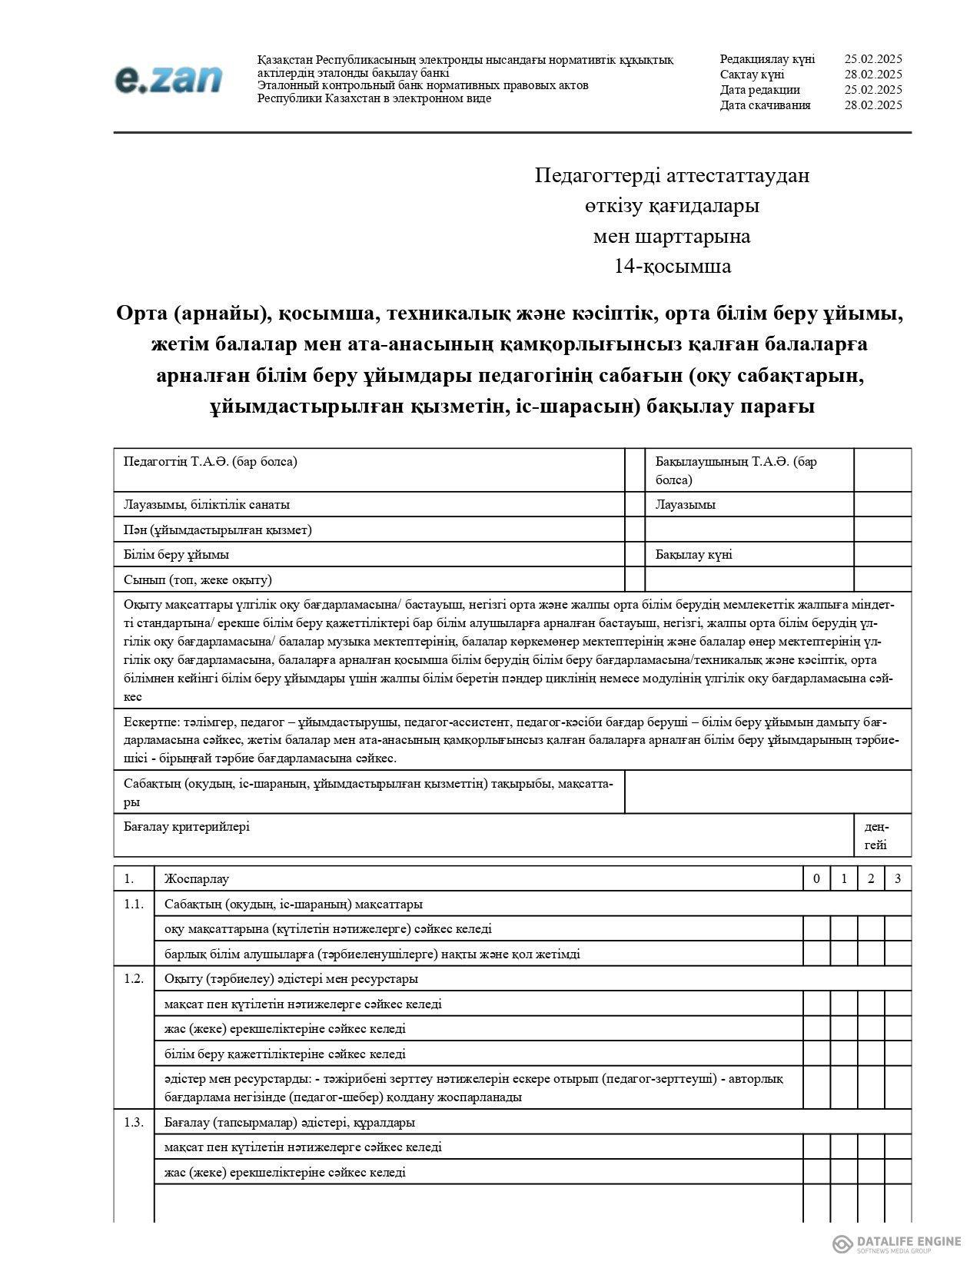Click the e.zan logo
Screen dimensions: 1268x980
(x=168, y=79)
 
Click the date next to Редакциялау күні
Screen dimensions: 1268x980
(x=872, y=59)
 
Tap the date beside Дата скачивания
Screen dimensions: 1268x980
(x=872, y=105)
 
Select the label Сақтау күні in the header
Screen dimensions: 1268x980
(x=752, y=75)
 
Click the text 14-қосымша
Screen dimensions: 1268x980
(x=672, y=267)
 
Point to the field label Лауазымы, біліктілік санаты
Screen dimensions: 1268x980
(x=207, y=505)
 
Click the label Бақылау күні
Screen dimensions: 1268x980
(x=693, y=555)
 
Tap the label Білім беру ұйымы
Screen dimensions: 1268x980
(x=176, y=555)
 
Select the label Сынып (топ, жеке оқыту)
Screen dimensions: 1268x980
(x=198, y=580)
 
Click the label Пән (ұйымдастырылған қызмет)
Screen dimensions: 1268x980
(x=218, y=530)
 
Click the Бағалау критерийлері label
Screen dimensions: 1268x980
(x=187, y=827)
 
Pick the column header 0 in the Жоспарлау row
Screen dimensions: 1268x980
(x=816, y=879)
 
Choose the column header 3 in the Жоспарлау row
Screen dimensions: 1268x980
(x=898, y=879)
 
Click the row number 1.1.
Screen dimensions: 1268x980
(x=134, y=905)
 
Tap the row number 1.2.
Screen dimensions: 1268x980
(x=134, y=979)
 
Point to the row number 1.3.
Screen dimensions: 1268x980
(x=134, y=1123)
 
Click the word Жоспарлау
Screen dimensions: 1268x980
(x=197, y=879)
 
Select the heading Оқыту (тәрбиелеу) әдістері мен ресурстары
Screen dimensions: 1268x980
(x=291, y=979)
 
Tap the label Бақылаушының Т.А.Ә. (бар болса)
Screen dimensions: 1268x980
(x=736, y=470)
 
